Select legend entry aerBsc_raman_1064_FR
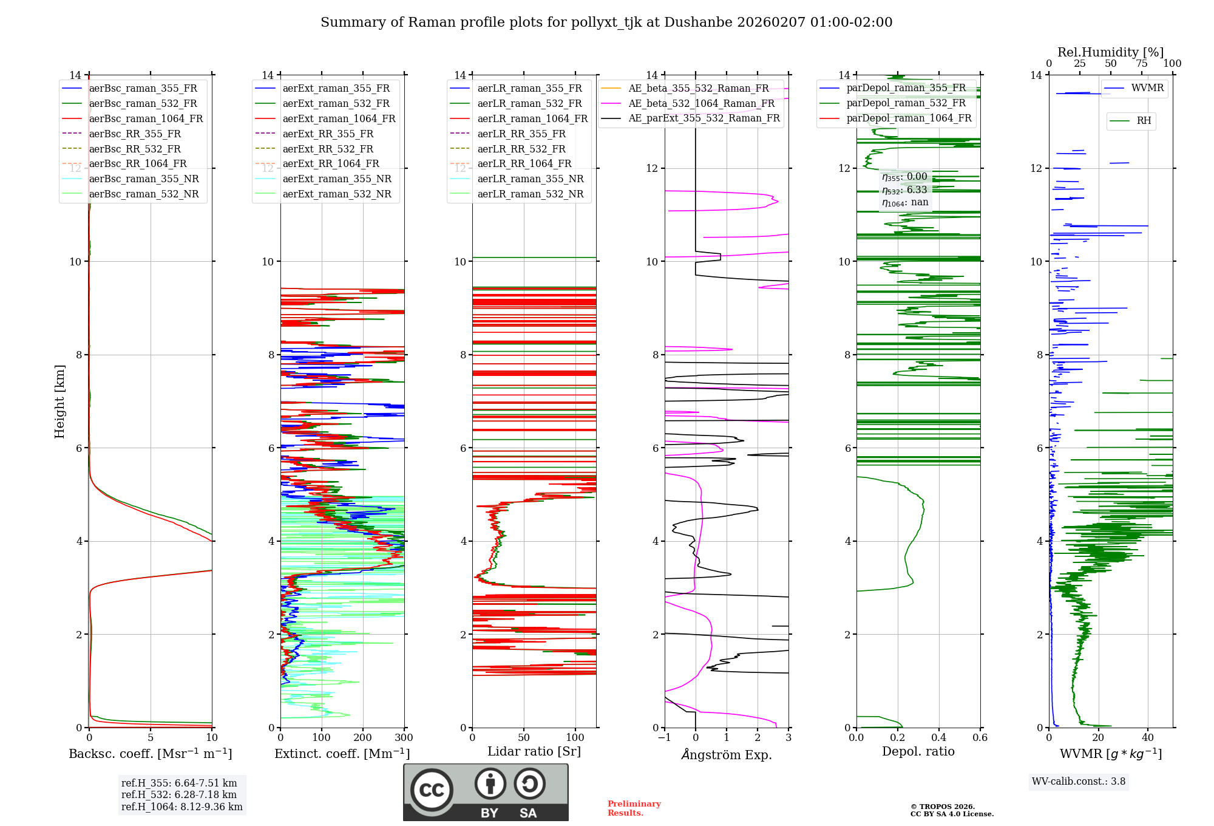[146, 118]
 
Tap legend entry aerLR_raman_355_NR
[530, 179]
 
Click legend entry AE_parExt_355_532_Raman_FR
[704, 118]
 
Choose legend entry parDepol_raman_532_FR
[906, 103]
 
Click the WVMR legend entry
[1147, 88]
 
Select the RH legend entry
[1144, 121]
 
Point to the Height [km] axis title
[59, 401]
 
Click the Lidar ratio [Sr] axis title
[534, 751]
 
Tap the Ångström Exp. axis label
[727, 754]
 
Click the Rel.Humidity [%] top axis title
[1110, 52]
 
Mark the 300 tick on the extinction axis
[404, 738]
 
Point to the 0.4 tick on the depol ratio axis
[938, 738]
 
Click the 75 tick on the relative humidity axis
[1142, 64]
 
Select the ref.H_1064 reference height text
[181, 807]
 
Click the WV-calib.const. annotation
[1079, 782]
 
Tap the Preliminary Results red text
[634, 808]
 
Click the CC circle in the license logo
[432, 790]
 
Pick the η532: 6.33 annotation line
[904, 190]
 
